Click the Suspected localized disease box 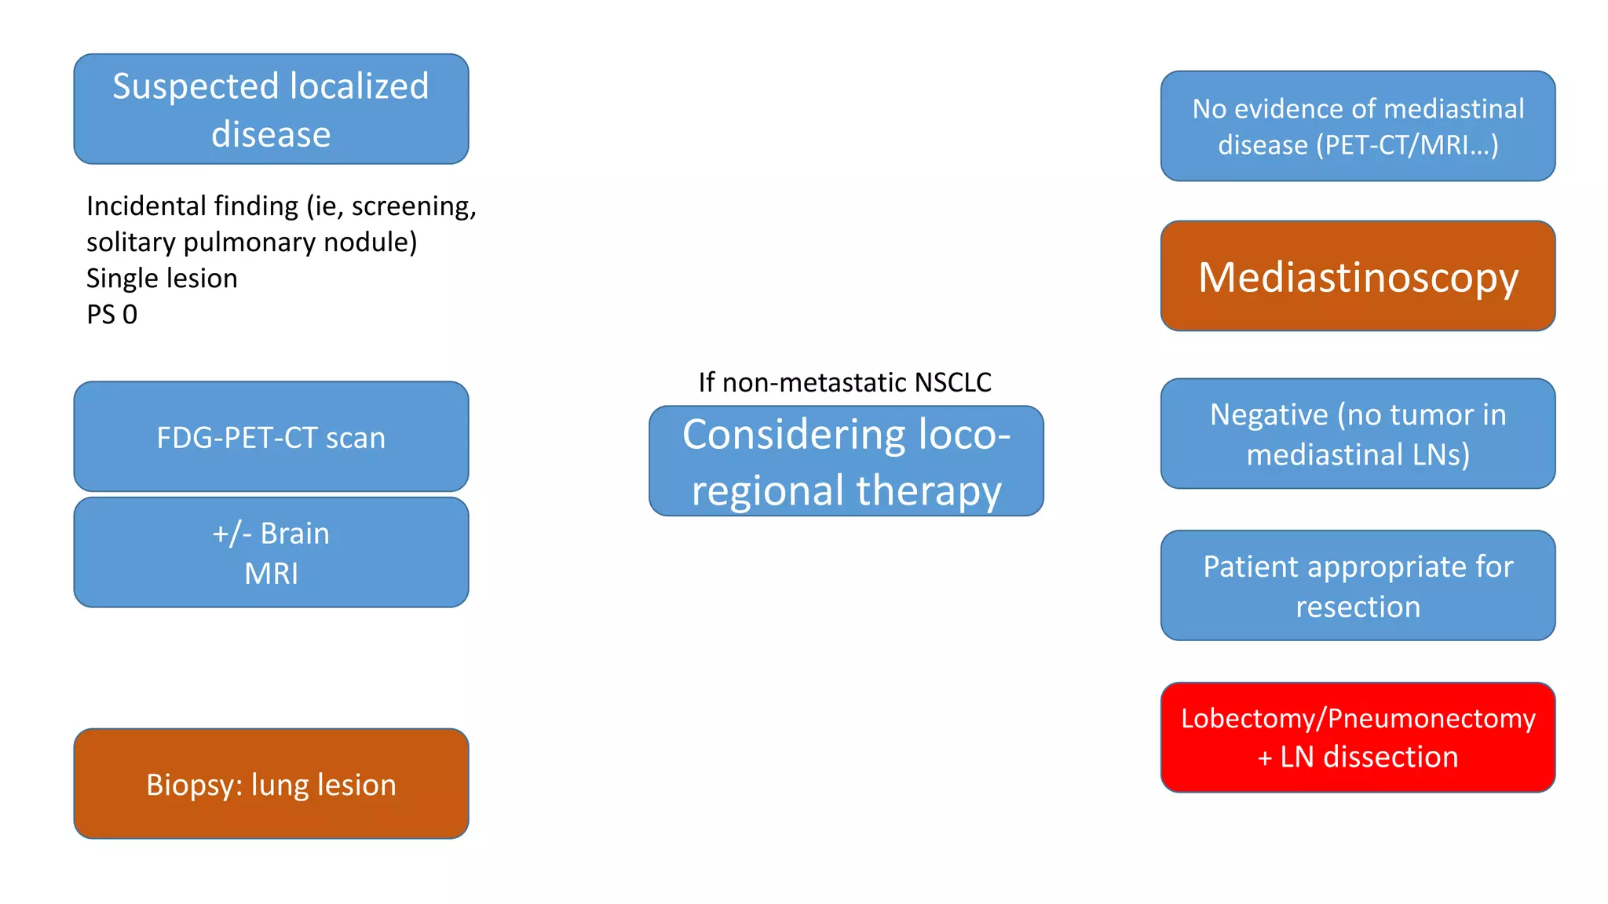coord(271,109)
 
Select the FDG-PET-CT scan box coord(271,436)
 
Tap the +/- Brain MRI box coord(271,552)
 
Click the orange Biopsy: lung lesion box coord(271,783)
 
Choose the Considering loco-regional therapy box coord(846,461)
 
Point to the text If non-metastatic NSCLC coord(845,382)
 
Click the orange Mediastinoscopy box coord(1358,276)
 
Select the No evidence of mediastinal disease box coord(1358,126)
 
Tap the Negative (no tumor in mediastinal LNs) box coord(1358,434)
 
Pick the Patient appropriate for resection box coord(1358,585)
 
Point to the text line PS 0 coord(111,315)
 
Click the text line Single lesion coord(162,279)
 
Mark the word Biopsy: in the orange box coord(194,785)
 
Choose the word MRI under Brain coord(271,574)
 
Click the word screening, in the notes coord(413,206)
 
